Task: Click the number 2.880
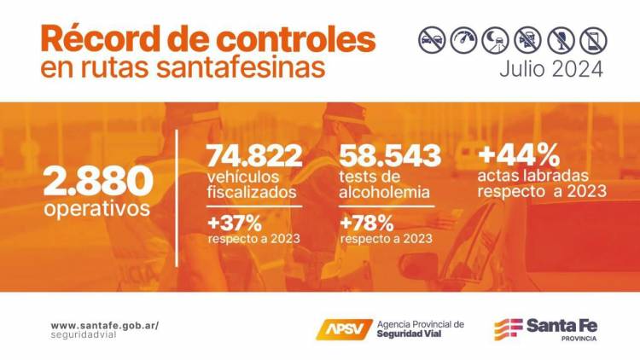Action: pos(99,180)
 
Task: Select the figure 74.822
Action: pos(254,155)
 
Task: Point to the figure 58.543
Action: pos(390,155)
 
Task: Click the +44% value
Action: pos(519,154)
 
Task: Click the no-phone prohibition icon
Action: pos(592,39)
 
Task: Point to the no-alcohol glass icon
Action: pos(561,39)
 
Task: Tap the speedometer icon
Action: pos(464,39)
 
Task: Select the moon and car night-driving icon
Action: pos(496,39)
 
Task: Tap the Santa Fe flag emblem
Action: pos(509,328)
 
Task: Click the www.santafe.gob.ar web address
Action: pos(104,325)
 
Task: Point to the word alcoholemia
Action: pos(384,192)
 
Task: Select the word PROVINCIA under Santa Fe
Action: pos(579,339)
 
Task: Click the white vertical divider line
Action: pos(177,197)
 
